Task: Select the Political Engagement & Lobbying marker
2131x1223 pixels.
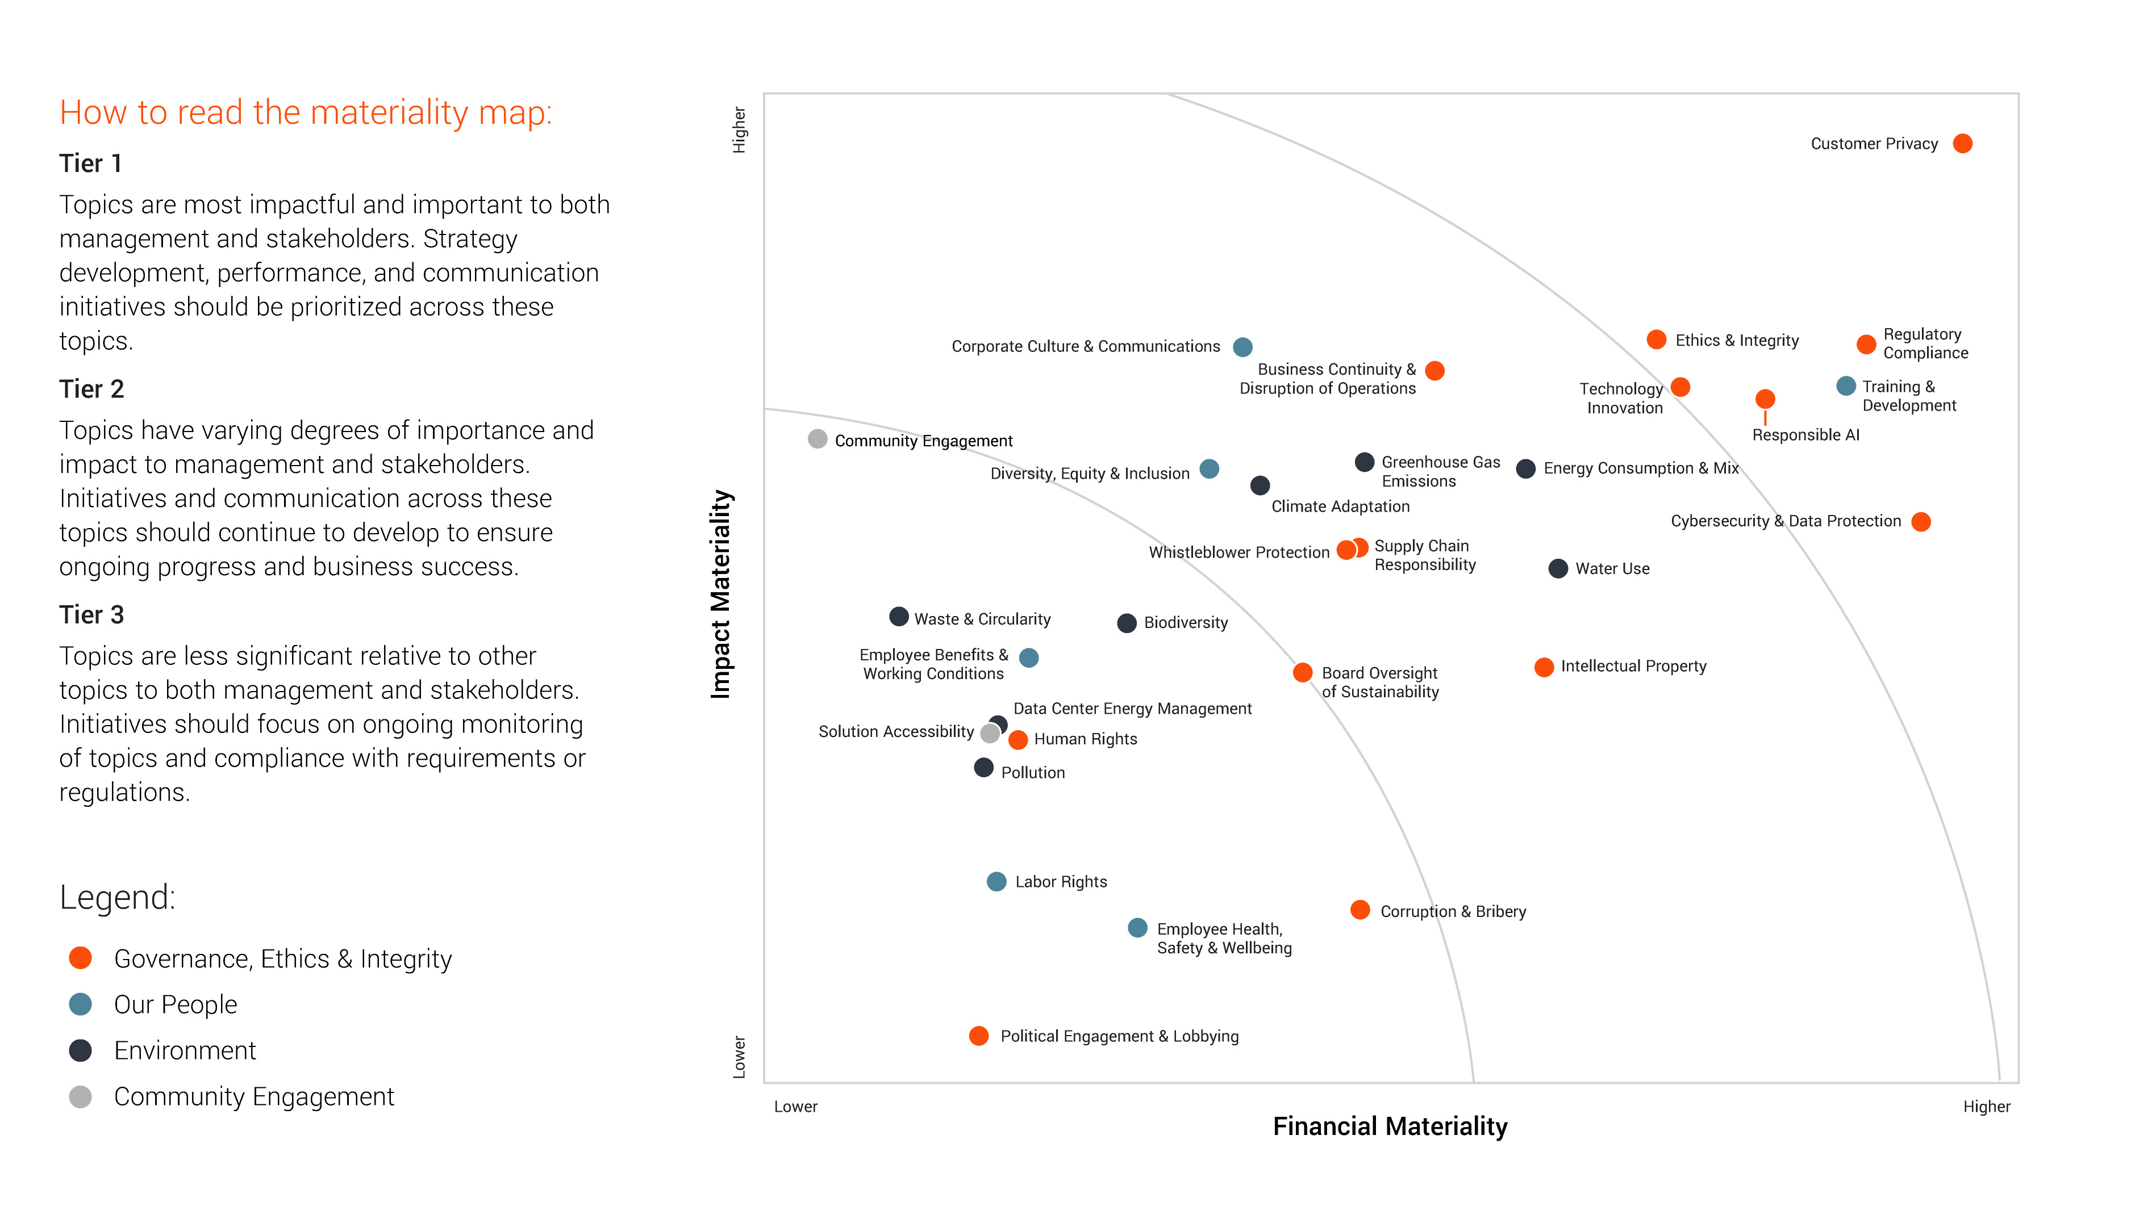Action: coord(978,1036)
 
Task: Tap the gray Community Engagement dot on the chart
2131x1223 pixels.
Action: coord(817,438)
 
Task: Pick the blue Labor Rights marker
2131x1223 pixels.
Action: coord(996,881)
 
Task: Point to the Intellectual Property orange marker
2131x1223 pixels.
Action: coord(1543,667)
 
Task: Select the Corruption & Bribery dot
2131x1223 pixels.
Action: coord(1359,910)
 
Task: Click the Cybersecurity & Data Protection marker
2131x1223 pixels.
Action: coord(1920,522)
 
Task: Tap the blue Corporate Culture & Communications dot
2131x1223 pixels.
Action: coord(1242,347)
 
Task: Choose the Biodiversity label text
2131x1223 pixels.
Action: coord(1185,622)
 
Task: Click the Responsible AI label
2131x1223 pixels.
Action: coord(1805,435)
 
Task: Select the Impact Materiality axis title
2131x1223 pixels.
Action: coord(721,594)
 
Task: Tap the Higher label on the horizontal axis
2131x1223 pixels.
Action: coord(1986,1106)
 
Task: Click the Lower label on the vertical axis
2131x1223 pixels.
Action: coord(739,1057)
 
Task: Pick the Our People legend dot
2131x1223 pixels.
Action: coord(81,1004)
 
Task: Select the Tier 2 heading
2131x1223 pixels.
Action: coord(91,389)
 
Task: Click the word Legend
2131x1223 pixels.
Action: coord(118,897)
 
